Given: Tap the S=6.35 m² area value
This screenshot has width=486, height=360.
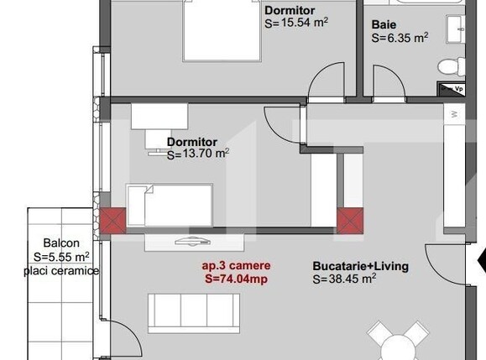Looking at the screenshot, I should coord(400,38).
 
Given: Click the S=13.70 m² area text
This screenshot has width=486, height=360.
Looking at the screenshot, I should coord(198,154).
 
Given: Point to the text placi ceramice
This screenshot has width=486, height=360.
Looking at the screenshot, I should coord(61,271).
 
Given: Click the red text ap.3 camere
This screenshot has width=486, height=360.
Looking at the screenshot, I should coord(235,267).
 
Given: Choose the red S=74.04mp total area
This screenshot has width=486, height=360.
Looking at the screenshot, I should coord(236,279).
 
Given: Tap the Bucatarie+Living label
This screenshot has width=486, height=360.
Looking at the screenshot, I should coord(360,267).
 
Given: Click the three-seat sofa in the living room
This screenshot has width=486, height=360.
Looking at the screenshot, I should coord(194,311).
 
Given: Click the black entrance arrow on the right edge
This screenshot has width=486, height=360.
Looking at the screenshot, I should coord(481,263).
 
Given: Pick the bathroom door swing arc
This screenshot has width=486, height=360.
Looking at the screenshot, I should coord(324,84).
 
